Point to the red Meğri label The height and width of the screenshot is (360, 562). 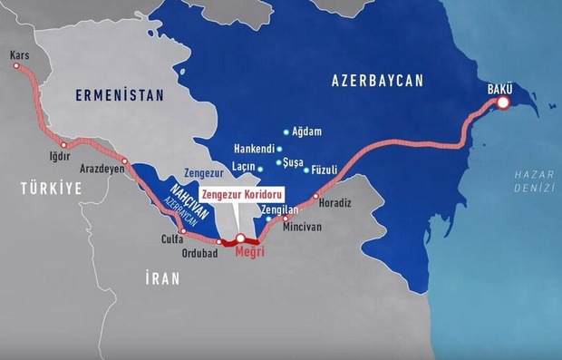tap(249, 251)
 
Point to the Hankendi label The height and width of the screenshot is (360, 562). tap(254, 149)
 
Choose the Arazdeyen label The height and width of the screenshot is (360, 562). tap(99, 169)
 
